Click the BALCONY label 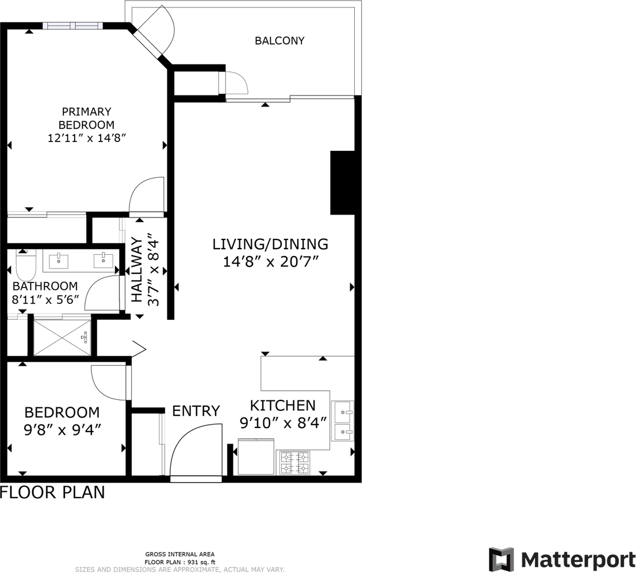(279, 41)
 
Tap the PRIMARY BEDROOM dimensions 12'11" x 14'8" (87, 138)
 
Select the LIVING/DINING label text (270, 244)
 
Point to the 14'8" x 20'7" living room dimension (270, 262)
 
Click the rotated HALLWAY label (137, 270)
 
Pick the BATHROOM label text (45, 286)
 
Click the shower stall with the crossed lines (62, 338)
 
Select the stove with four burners (293, 463)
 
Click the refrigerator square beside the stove (256, 457)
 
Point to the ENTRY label (196, 411)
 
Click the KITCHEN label (283, 406)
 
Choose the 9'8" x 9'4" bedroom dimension (62, 429)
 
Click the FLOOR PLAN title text (52, 492)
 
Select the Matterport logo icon (501, 560)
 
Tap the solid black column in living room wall (343, 182)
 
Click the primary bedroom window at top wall (73, 26)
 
